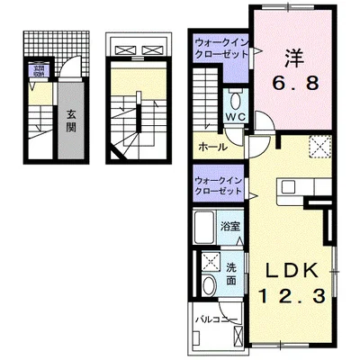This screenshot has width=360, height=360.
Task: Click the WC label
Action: pyautogui.click(x=235, y=117)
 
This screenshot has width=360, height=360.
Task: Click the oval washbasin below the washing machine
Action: pyautogui.click(x=209, y=286)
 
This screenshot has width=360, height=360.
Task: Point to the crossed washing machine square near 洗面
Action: pyautogui.click(x=209, y=262)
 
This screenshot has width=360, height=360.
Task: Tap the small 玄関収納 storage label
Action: pyautogui.click(x=40, y=69)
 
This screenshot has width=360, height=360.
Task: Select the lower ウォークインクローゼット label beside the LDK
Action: pyautogui.click(x=219, y=186)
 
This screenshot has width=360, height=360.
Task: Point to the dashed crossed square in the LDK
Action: pyautogui.click(x=319, y=146)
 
